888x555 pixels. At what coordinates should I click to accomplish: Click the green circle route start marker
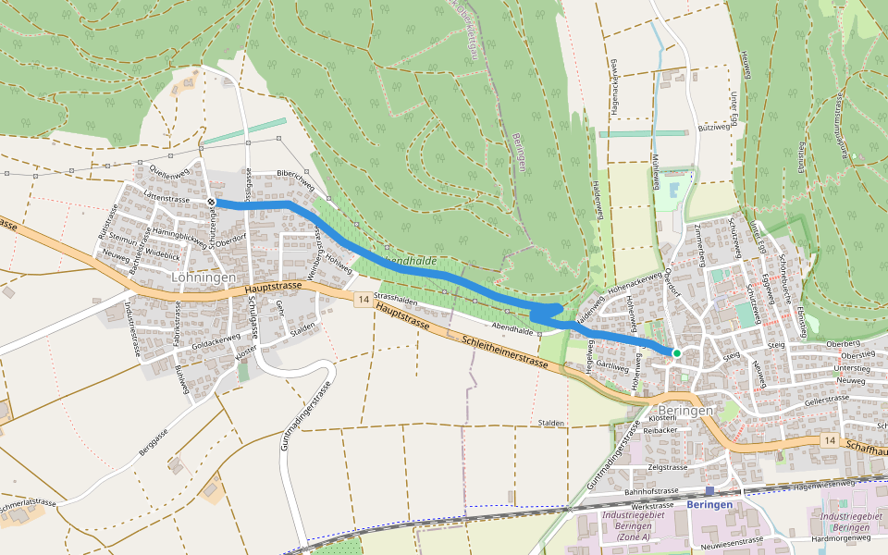pos(676,353)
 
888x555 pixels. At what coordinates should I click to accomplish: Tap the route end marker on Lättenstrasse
pos(212,202)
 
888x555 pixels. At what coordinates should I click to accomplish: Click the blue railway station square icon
pos(709,492)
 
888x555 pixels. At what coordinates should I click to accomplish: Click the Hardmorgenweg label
pos(841,537)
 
